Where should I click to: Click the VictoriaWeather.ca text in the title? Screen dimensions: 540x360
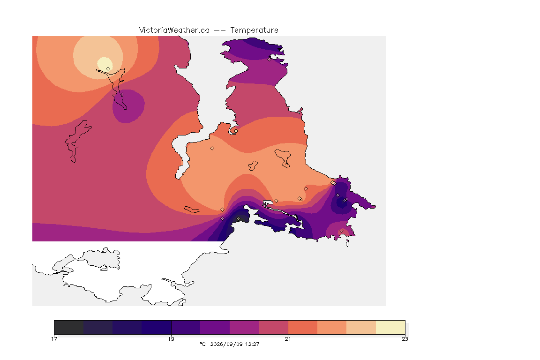tap(174, 30)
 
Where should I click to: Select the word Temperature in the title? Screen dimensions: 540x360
tap(254, 30)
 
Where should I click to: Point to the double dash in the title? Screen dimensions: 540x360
tap(220, 30)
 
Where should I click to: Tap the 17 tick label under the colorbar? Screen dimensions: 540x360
tap(54, 339)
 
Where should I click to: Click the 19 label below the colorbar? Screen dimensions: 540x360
tap(171, 339)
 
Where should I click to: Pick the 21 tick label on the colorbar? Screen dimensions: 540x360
tap(288, 339)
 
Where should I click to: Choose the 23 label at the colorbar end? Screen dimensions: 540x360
tap(405, 339)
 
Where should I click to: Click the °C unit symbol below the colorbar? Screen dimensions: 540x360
tap(202, 344)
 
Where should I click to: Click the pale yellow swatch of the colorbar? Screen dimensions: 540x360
tap(390, 327)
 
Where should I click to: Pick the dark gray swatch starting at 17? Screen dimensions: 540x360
tap(69, 327)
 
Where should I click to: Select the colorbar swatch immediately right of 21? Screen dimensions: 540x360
tap(303, 327)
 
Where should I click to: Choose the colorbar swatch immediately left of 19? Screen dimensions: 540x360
tap(157, 327)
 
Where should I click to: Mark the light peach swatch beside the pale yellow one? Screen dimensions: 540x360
tap(361, 327)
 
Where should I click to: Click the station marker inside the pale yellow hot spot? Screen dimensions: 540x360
tap(108, 68)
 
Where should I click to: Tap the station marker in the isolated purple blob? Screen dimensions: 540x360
tap(122, 94)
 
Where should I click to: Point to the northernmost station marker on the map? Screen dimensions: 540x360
tap(270, 59)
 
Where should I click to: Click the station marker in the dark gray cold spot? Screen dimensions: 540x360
tap(238, 219)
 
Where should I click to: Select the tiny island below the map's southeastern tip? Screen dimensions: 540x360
tap(347, 243)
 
